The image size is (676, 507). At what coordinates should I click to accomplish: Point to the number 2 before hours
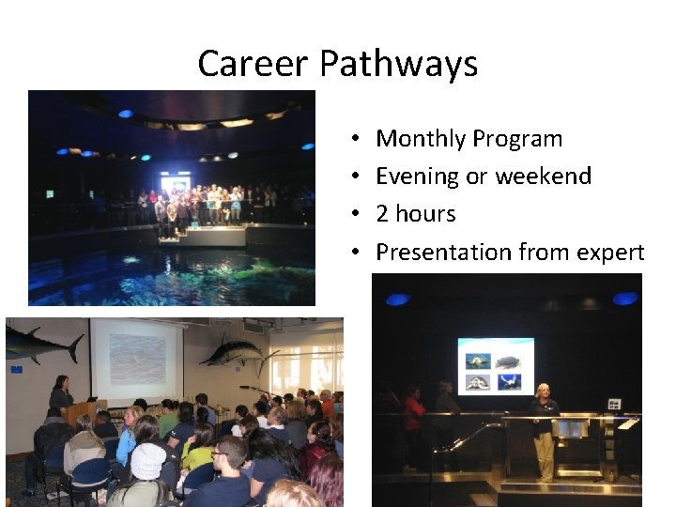pyautogui.click(x=382, y=214)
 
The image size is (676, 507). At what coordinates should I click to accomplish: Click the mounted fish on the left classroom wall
pyautogui.click(x=42, y=343)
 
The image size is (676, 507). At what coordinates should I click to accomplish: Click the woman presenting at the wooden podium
pyautogui.click(x=60, y=395)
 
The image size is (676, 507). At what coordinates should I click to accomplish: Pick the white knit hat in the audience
pyautogui.click(x=147, y=461)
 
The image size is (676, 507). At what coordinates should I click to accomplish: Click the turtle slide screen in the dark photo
pyautogui.click(x=496, y=366)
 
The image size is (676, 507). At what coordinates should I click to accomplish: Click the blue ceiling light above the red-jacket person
pyautogui.click(x=398, y=300)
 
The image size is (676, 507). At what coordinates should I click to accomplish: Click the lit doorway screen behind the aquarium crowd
pyautogui.click(x=176, y=183)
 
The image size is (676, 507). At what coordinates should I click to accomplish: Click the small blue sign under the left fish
pyautogui.click(x=16, y=370)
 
